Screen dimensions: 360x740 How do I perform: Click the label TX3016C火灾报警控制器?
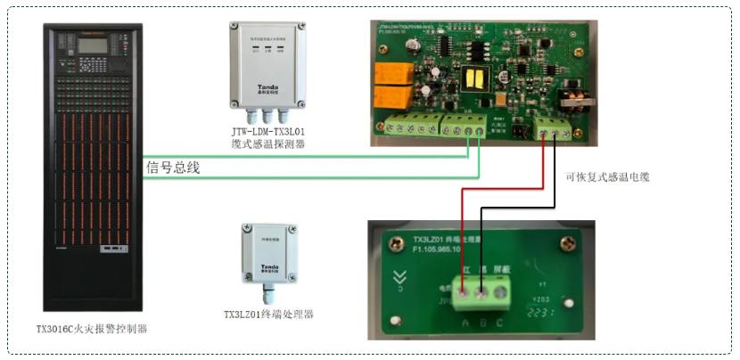click(91, 329)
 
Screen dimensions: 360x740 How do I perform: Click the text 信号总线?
click(174, 167)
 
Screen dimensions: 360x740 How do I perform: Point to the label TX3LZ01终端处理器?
click(268, 315)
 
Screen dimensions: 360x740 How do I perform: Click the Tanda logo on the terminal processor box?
click(264, 266)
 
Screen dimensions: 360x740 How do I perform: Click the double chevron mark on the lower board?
click(400, 278)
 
